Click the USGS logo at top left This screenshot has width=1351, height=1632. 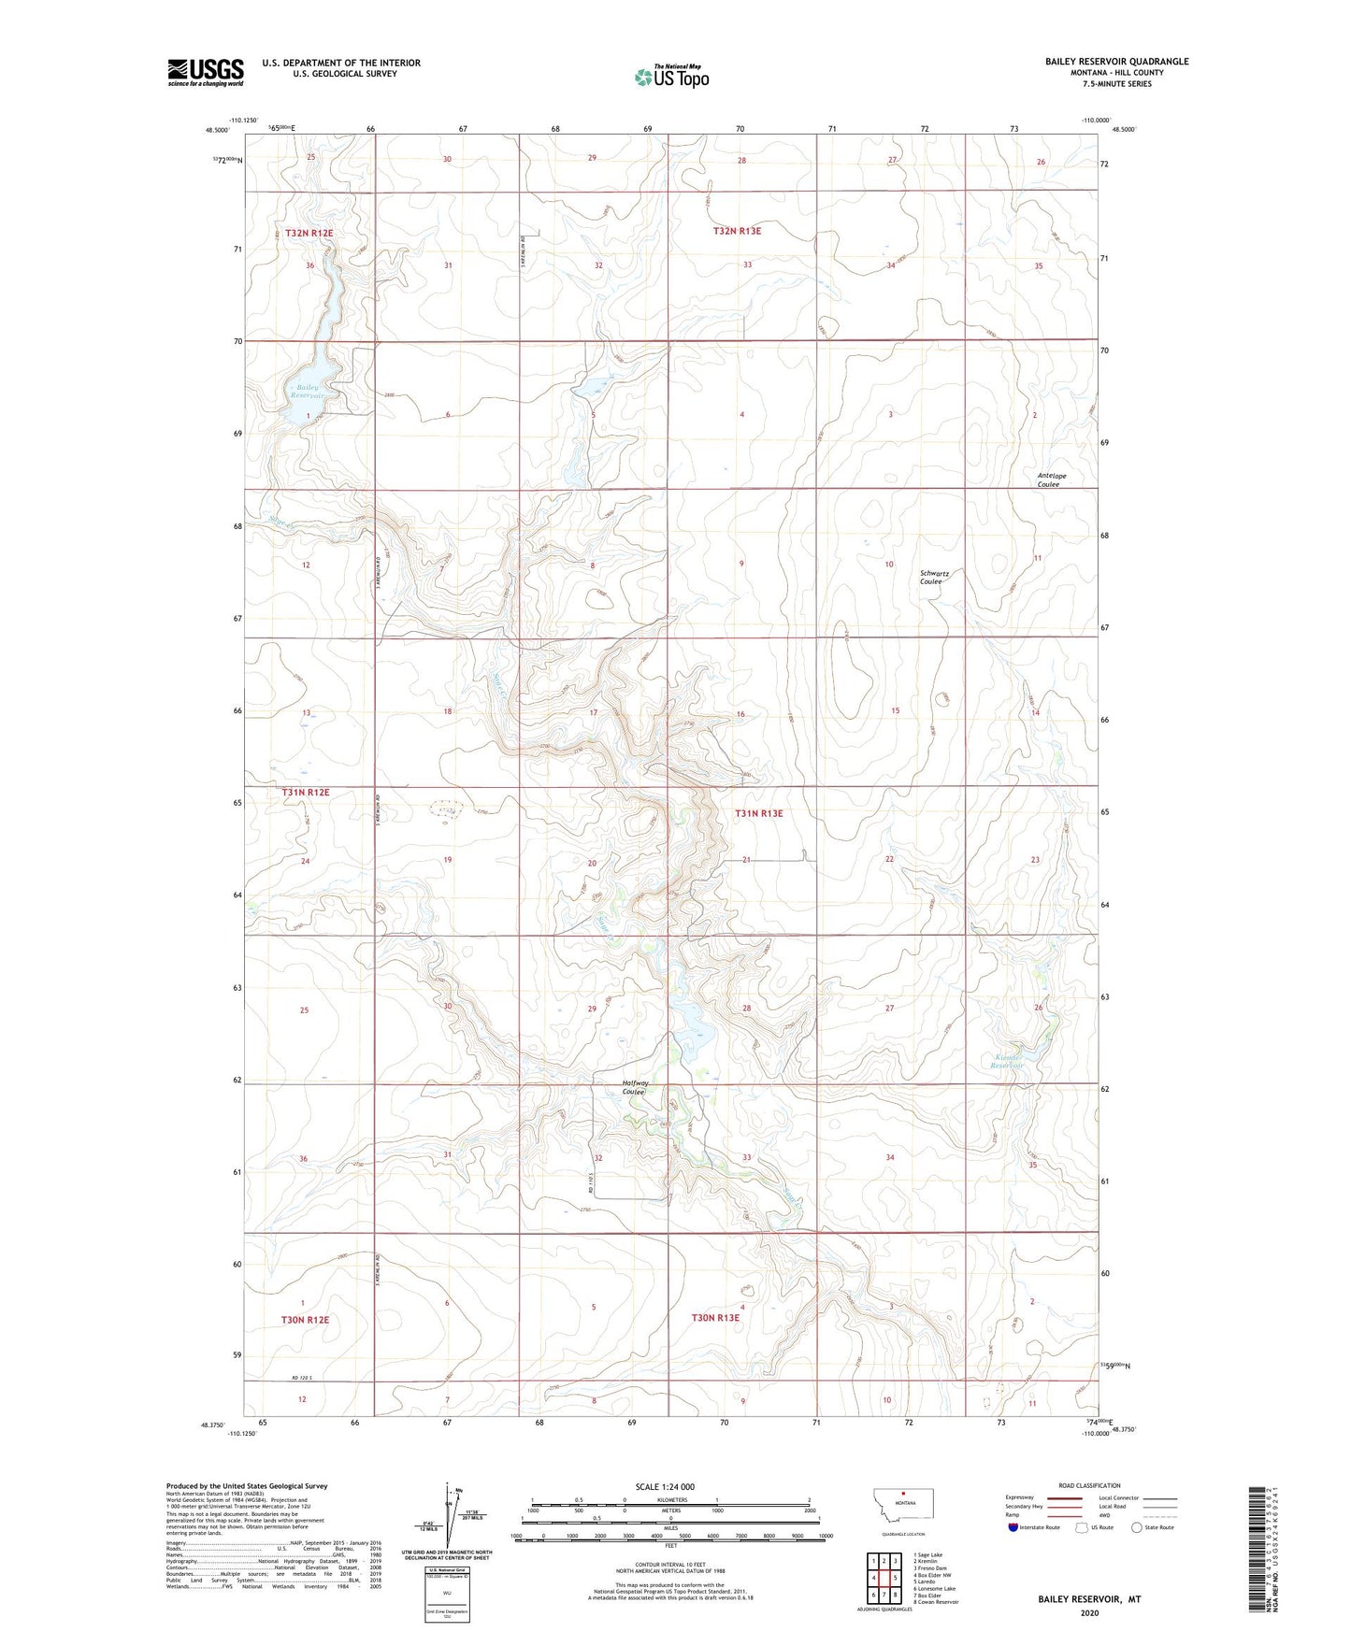pyautogui.click(x=205, y=72)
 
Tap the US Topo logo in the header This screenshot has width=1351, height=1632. pyautogui.click(x=671, y=76)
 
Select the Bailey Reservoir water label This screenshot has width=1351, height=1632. pyautogui.click(x=308, y=392)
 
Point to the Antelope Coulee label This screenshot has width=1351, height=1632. pyautogui.click(x=1052, y=480)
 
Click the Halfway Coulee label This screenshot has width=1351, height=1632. pyautogui.click(x=636, y=1088)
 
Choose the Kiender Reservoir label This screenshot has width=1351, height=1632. pyautogui.click(x=1007, y=1062)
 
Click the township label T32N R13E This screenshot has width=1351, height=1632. pyautogui.click(x=737, y=231)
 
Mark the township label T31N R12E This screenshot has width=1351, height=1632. pyautogui.click(x=306, y=793)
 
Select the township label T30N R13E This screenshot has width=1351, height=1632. pyautogui.click(x=715, y=1318)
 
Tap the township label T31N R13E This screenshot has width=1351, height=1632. pyautogui.click(x=758, y=813)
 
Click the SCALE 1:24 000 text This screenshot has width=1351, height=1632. pyautogui.click(x=665, y=1486)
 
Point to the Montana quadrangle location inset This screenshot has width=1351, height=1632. pyautogui.click(x=902, y=1509)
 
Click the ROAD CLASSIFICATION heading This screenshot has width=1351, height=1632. pyautogui.click(x=1089, y=1485)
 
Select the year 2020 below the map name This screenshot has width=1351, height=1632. pyautogui.click(x=1089, y=1612)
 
